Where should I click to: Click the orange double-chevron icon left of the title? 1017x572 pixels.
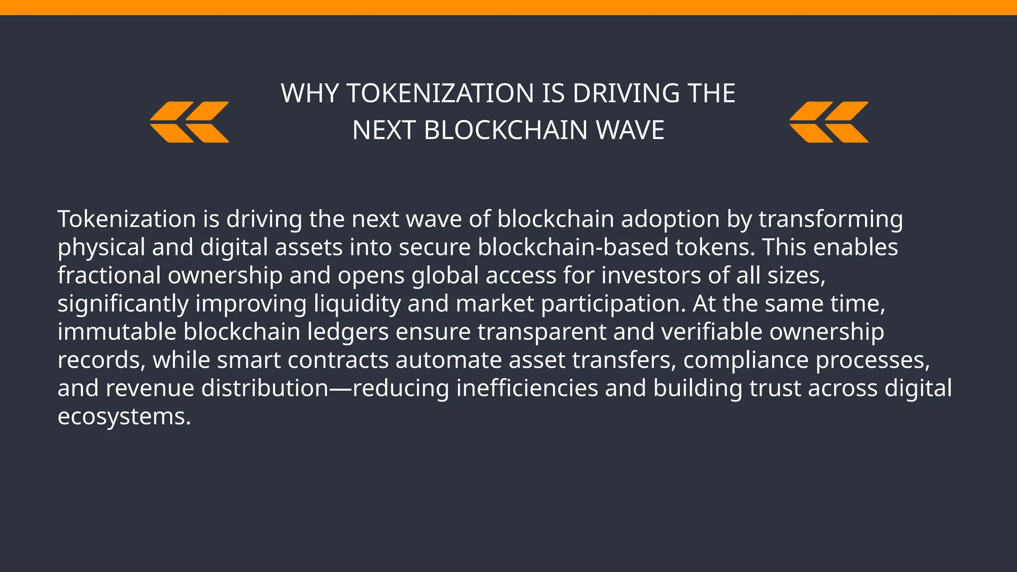(x=190, y=122)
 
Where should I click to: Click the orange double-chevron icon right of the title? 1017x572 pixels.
(x=829, y=122)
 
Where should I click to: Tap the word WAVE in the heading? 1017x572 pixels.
(x=630, y=131)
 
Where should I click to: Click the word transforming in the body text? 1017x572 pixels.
(x=830, y=219)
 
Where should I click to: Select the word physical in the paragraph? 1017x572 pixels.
(x=101, y=247)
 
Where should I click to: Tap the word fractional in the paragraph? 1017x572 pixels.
(x=109, y=276)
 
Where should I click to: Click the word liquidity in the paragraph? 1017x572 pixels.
(x=357, y=304)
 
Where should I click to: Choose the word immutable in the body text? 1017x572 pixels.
(x=117, y=332)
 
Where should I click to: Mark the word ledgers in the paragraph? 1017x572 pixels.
(x=348, y=332)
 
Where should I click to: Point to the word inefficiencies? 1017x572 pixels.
(x=527, y=388)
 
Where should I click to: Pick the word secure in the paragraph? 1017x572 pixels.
(x=435, y=247)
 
